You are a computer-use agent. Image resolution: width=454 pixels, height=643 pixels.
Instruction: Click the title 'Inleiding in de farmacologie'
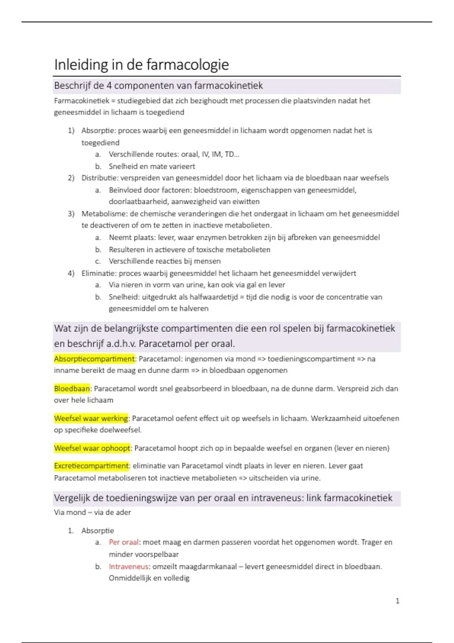coord(141,65)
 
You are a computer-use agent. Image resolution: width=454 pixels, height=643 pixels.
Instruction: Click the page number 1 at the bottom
coord(397,601)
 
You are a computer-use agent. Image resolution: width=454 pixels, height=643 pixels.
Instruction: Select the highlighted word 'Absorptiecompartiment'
coord(94,359)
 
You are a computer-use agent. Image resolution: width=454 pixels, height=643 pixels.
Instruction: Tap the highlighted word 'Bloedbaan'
coord(72,388)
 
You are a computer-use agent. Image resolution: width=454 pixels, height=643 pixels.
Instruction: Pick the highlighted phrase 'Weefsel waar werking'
coord(91,418)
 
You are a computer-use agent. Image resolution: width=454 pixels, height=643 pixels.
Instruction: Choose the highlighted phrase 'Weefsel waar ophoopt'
coord(92,448)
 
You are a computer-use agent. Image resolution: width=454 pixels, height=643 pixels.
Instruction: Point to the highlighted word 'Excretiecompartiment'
coord(91,466)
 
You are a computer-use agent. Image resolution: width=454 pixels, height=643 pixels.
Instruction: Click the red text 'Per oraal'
coord(124,542)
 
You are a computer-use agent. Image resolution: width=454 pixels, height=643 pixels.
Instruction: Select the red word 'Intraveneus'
coord(128,567)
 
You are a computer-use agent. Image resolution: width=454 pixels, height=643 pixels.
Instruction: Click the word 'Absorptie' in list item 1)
coord(98,131)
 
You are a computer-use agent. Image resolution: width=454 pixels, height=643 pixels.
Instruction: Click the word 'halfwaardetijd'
coord(214,297)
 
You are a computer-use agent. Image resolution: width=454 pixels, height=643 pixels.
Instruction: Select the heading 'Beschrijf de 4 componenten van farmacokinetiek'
coord(158,86)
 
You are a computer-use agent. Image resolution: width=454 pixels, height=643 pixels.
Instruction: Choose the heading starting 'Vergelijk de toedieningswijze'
coord(223,498)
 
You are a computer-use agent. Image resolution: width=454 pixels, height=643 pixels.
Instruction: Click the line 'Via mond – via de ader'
coord(92,513)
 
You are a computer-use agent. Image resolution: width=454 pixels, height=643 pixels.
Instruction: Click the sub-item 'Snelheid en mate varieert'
coord(152,166)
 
